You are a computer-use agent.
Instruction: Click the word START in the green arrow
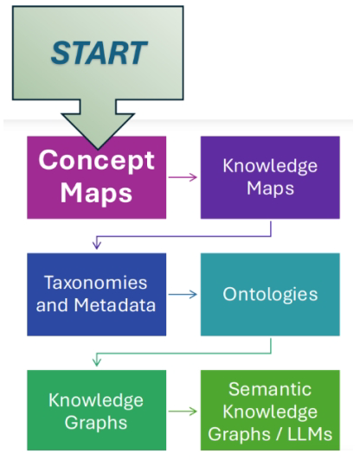click(x=99, y=53)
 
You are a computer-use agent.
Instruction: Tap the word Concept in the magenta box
click(x=96, y=161)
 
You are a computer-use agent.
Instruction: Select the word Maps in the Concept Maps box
click(x=96, y=193)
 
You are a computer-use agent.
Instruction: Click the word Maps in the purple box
click(x=270, y=188)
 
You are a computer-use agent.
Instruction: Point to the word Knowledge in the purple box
click(x=270, y=166)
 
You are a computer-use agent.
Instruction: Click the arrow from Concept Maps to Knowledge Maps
click(x=183, y=177)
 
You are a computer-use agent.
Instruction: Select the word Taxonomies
click(x=96, y=283)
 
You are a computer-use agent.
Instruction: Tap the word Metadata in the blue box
click(x=115, y=305)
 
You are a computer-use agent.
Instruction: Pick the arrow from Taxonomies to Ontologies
click(x=183, y=294)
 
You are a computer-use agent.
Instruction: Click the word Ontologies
click(x=270, y=295)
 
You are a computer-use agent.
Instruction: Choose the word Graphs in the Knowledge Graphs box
click(x=96, y=423)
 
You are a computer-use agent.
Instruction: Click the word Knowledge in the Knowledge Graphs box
click(x=96, y=400)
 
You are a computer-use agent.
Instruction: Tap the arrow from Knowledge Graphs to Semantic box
click(x=183, y=412)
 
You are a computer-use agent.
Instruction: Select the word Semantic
click(x=270, y=389)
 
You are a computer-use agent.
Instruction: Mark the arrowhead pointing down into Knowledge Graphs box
click(x=97, y=362)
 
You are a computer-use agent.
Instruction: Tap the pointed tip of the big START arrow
click(x=98, y=149)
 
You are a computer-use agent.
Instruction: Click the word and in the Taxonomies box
click(x=53, y=305)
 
